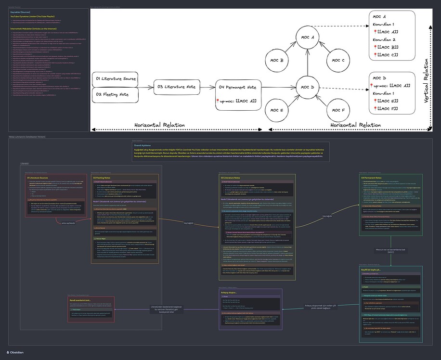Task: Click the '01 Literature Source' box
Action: coord(115,79)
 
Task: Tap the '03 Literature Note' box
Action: coord(177,87)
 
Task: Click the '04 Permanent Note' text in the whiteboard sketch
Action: coord(238,87)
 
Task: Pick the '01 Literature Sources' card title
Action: coord(39,178)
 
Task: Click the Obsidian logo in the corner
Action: coord(15,352)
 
